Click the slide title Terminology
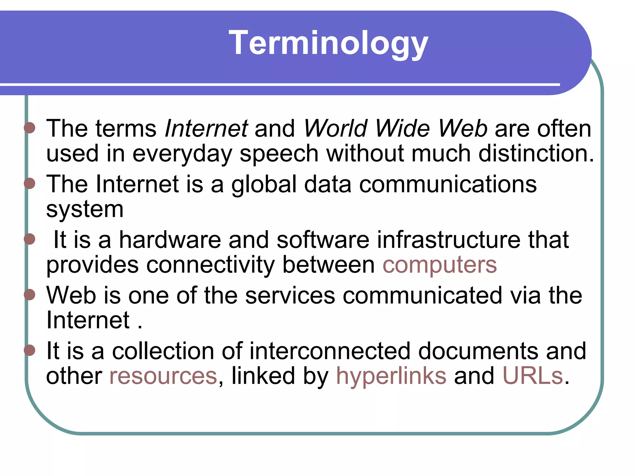point(328,43)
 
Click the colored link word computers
point(440,265)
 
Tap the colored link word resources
point(163,376)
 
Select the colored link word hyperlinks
point(391,376)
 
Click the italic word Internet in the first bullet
point(206,129)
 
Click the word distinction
point(536,153)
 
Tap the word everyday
point(182,154)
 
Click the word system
point(85,210)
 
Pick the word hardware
point(170,240)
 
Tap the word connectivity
point(211,265)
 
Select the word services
point(290,295)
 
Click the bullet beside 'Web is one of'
point(30,294)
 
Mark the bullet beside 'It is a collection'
point(30,350)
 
